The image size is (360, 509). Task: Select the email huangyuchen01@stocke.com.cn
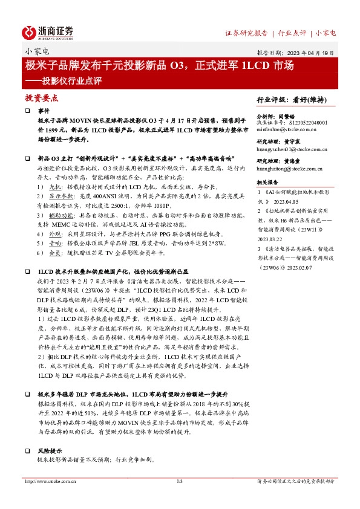(292, 150)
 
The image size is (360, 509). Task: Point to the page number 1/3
(180, 481)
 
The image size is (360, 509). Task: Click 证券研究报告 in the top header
(246, 33)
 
